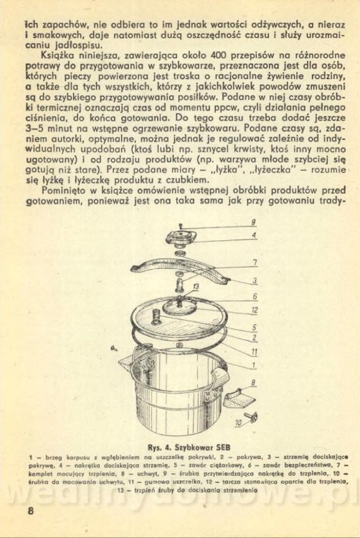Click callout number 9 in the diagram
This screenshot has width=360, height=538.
point(253,222)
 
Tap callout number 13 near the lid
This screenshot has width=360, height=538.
point(196,286)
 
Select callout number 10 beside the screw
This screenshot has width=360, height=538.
point(239,423)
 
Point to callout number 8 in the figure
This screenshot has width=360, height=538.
point(253,382)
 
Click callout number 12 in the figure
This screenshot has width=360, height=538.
point(255,310)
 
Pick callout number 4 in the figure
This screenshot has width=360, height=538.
point(254,235)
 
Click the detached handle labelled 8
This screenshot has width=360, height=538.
point(240,397)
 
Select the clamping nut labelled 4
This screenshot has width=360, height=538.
point(181,238)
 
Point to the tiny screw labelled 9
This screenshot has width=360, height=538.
point(181,226)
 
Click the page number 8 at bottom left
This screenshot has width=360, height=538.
point(31,511)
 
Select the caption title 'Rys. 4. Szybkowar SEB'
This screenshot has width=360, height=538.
point(189,448)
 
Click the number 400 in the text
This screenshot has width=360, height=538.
point(218,55)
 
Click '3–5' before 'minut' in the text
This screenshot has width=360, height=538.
point(34,128)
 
